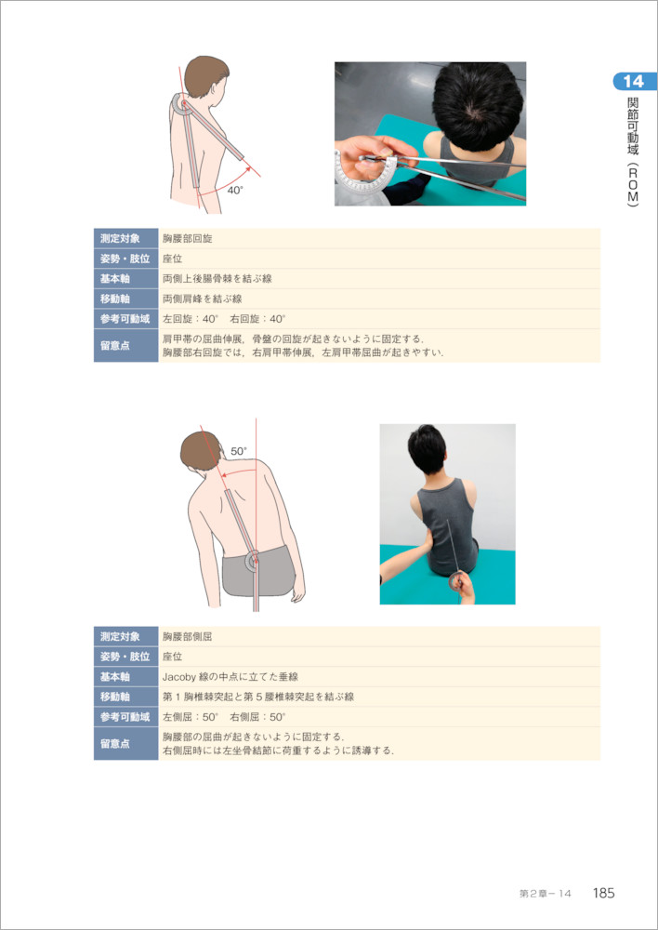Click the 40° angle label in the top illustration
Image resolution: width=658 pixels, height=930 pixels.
[x=235, y=191]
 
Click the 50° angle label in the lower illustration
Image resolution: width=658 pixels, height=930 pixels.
[x=239, y=451]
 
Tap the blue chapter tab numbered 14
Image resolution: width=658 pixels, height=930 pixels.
[x=634, y=81]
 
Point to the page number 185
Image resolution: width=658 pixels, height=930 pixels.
[x=603, y=893]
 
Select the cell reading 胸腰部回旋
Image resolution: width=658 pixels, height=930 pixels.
[x=379, y=239]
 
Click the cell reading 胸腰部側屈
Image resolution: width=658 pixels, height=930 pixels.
[x=379, y=637]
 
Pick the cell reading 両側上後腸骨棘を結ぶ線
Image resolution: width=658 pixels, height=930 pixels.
[x=379, y=279]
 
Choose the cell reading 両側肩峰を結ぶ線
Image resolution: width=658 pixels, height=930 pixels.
[x=379, y=299]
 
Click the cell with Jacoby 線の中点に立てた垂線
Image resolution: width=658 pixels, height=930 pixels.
[x=379, y=677]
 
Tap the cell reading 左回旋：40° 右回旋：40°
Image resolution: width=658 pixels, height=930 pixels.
[x=379, y=319]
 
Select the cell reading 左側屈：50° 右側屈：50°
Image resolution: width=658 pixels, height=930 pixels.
[x=379, y=716]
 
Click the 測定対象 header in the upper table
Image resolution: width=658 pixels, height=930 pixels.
[x=125, y=239]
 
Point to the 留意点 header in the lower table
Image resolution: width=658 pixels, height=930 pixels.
[x=125, y=744]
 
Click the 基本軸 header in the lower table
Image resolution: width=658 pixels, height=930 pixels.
[x=125, y=677]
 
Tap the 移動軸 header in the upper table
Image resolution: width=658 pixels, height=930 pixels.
[x=125, y=299]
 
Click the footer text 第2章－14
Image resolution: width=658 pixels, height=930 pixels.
[x=545, y=893]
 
